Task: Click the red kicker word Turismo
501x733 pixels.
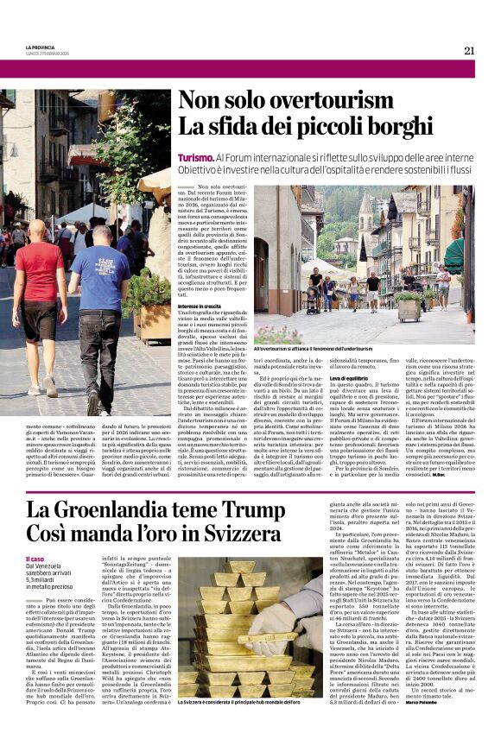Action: [195, 158]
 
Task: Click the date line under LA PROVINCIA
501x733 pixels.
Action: [48, 54]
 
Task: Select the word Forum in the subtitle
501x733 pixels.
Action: [247, 158]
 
